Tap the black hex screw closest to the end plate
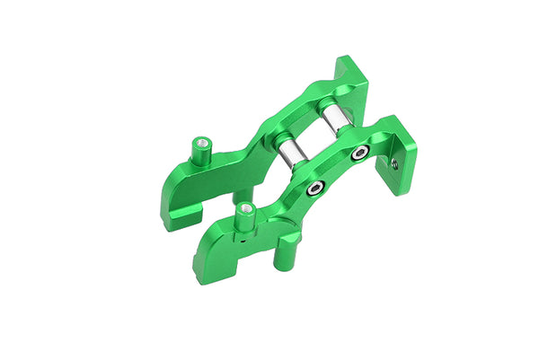(358, 153)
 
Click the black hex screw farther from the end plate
(314, 189)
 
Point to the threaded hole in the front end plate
(395, 164)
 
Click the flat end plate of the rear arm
(352, 85)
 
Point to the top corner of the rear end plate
(344, 60)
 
